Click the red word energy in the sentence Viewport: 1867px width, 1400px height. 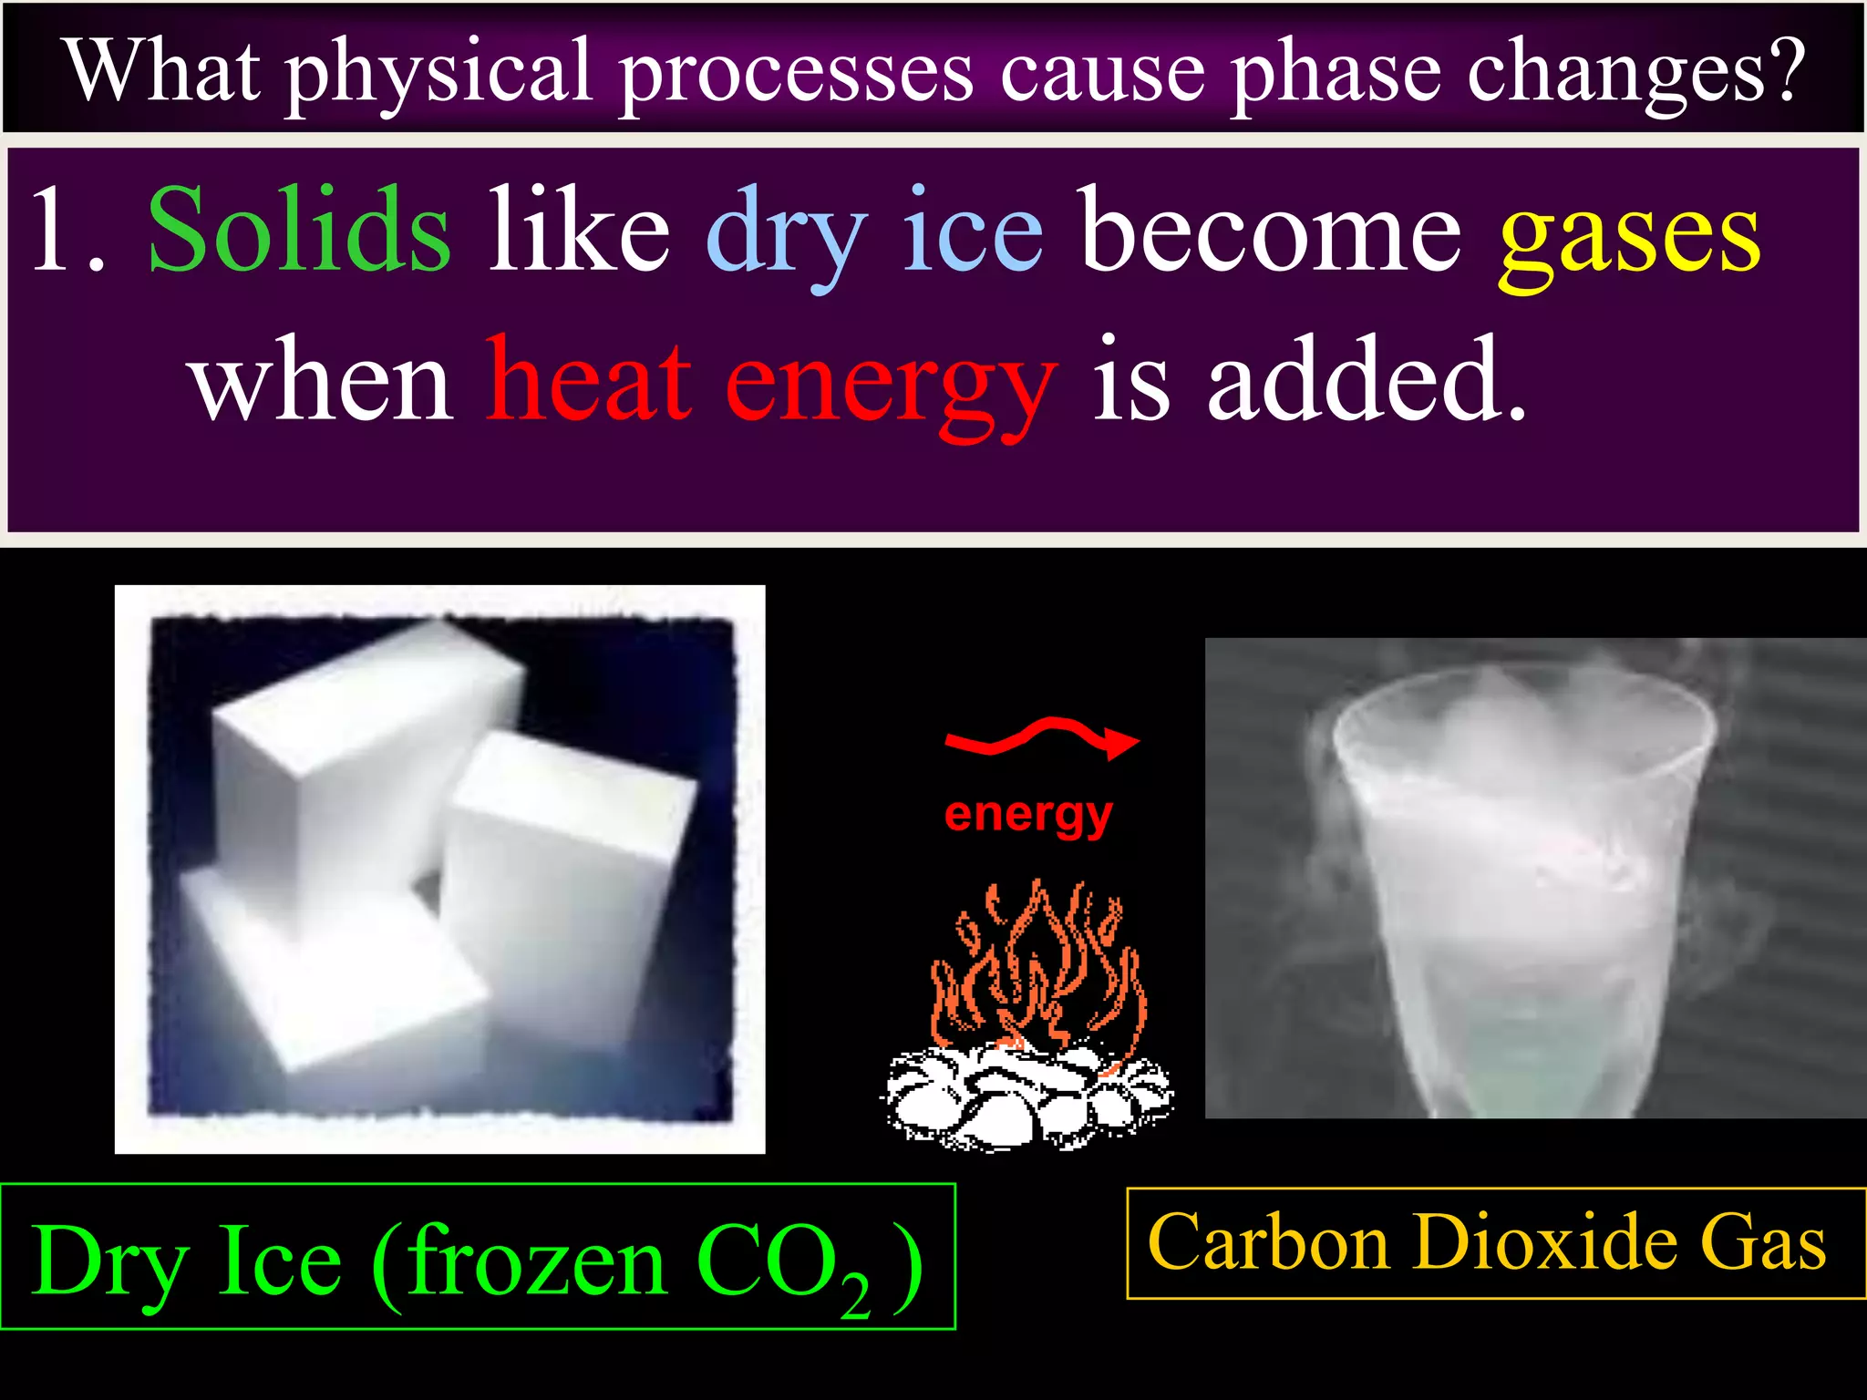[891, 387]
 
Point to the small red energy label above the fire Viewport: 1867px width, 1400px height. [1028, 814]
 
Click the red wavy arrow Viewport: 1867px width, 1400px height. [1042, 736]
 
